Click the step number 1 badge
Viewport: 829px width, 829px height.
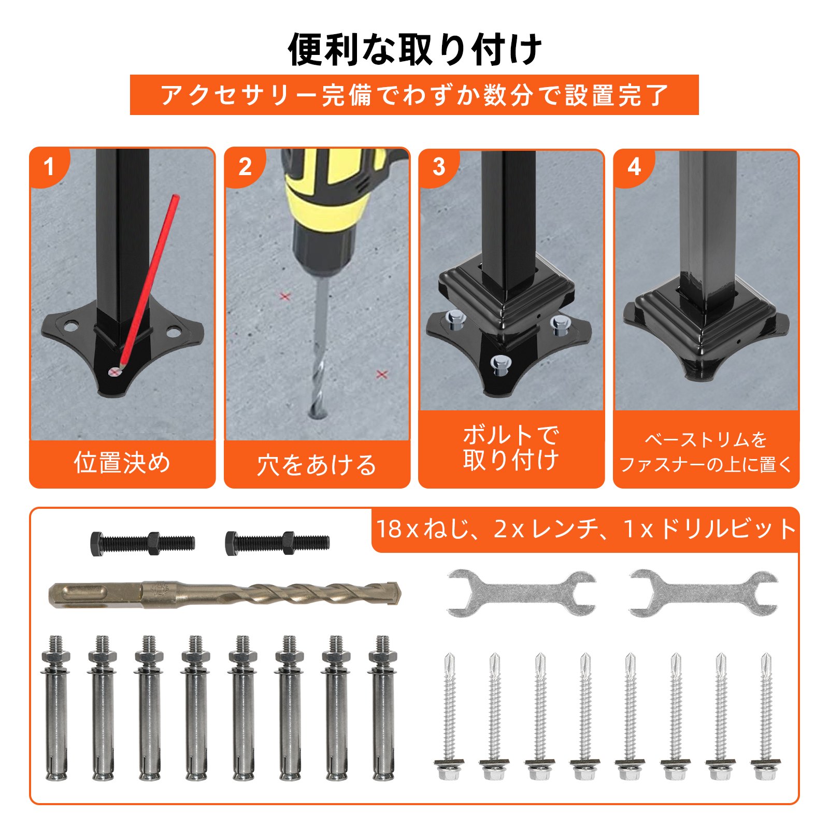tap(49, 167)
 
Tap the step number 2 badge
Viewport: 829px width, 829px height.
tap(245, 167)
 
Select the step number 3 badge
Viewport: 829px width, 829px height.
tap(439, 167)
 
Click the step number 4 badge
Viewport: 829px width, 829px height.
tap(634, 167)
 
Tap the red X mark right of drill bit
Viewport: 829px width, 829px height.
tap(382, 374)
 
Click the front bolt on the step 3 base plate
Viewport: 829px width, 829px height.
tap(499, 364)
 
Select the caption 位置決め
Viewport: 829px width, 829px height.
tap(122, 463)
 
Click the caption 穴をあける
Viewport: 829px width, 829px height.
tap(317, 465)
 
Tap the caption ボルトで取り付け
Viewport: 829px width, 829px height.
tap(511, 448)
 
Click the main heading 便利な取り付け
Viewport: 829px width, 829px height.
tap(414, 49)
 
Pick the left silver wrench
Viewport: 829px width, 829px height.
tap(521, 593)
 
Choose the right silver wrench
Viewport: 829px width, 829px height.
tap(704, 593)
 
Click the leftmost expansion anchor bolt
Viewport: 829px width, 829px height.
tap(55, 708)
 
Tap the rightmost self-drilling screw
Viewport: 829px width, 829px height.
tap(765, 718)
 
